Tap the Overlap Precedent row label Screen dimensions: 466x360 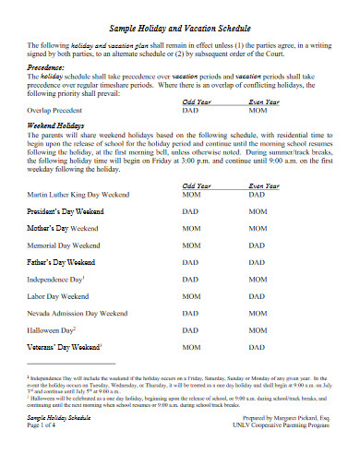60,109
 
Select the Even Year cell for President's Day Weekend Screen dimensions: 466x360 258,211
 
